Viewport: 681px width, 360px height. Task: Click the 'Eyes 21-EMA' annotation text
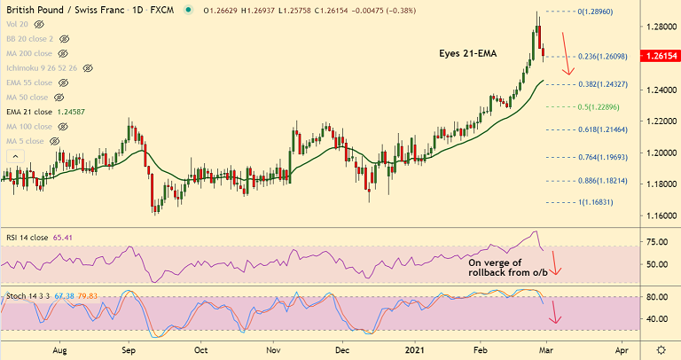(468, 53)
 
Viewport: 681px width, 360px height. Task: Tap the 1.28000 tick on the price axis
(658, 27)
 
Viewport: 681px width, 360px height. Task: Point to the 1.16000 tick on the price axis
(658, 215)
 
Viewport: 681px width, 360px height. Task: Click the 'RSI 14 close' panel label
(27, 238)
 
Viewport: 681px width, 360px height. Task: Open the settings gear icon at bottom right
(661, 349)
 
